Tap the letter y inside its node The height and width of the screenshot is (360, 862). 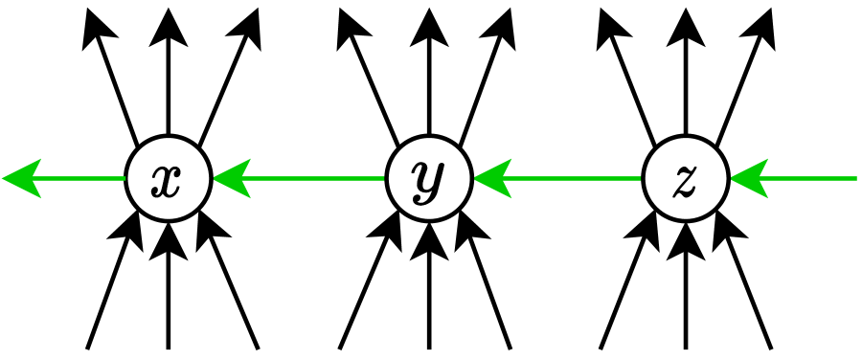(x=428, y=179)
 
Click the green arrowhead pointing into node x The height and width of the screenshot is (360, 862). (x=230, y=178)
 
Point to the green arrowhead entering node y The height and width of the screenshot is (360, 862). (x=490, y=178)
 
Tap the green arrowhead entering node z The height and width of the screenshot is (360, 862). (x=748, y=178)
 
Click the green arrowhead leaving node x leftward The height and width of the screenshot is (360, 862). (x=23, y=178)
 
